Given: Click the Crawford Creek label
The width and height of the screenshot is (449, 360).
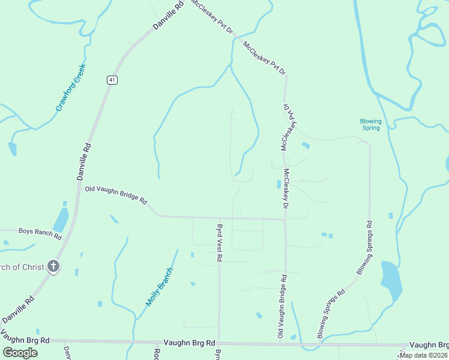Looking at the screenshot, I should click(x=71, y=88).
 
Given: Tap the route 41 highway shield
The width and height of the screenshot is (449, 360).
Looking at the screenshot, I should click(x=112, y=79).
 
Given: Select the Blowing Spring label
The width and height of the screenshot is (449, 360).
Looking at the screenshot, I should click(x=370, y=124).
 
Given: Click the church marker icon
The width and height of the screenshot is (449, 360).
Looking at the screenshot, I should click(x=53, y=267).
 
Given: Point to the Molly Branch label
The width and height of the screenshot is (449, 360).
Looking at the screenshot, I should click(x=159, y=286).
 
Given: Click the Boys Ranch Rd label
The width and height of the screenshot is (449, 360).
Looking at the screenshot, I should click(x=40, y=230).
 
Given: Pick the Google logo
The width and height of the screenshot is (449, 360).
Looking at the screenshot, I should click(x=20, y=353).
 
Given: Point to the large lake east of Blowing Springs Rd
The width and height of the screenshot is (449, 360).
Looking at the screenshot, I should click(x=391, y=281).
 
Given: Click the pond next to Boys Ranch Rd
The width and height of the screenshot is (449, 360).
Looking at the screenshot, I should click(x=61, y=220).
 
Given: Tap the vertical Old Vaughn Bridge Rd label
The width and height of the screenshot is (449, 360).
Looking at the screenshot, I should click(x=280, y=306).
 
